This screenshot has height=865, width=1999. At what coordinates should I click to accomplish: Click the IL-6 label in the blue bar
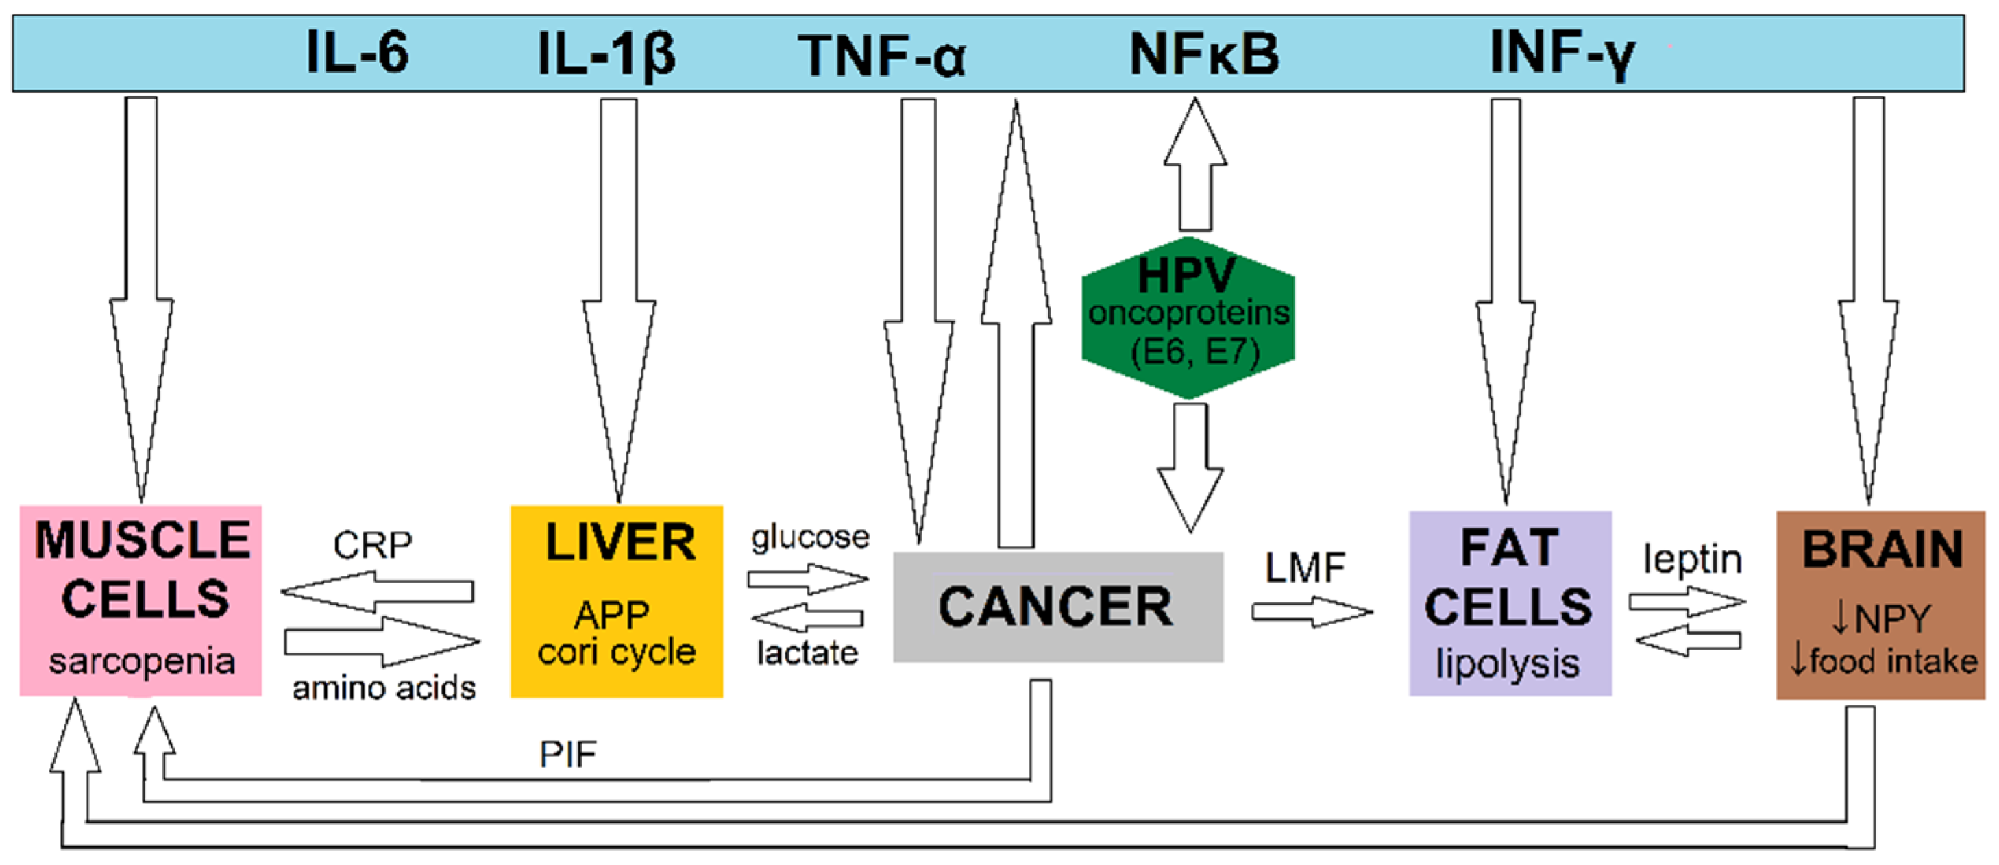357,53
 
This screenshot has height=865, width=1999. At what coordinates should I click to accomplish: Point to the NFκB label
1203,54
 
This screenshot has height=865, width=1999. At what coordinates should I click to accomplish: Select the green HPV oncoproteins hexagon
1188,318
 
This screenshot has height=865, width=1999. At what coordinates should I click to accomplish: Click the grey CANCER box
1057,607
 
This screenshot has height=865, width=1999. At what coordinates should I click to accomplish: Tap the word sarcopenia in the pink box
141,661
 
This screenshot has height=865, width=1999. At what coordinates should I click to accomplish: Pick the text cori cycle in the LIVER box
616,651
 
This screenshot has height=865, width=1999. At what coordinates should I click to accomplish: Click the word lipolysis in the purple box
1507,664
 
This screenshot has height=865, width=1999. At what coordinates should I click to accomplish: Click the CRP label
373,545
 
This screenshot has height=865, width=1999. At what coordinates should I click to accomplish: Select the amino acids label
383,688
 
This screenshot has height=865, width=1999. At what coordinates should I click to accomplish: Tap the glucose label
809,537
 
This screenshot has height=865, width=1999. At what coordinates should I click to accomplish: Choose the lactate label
807,653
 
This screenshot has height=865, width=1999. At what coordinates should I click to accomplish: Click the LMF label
1305,568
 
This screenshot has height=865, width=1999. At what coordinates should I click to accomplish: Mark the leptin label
1693,559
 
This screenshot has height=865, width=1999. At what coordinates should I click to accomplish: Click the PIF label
568,754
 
